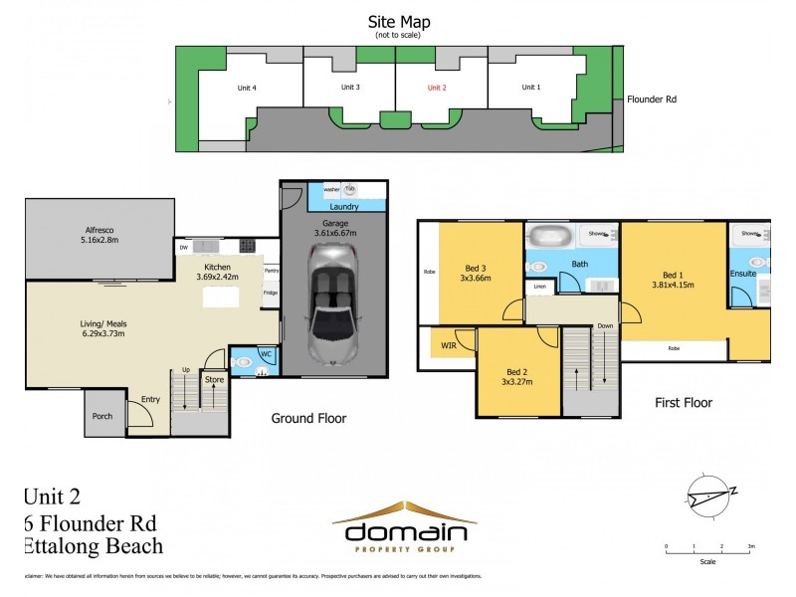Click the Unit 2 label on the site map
(437, 88)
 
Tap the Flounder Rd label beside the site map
(652, 99)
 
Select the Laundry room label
(333, 207)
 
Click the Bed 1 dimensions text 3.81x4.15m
(675, 286)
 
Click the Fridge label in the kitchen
(271, 293)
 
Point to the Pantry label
(271, 270)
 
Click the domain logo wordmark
(403, 527)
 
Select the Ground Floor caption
(308, 419)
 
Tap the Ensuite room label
(742, 272)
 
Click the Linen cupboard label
(539, 287)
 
